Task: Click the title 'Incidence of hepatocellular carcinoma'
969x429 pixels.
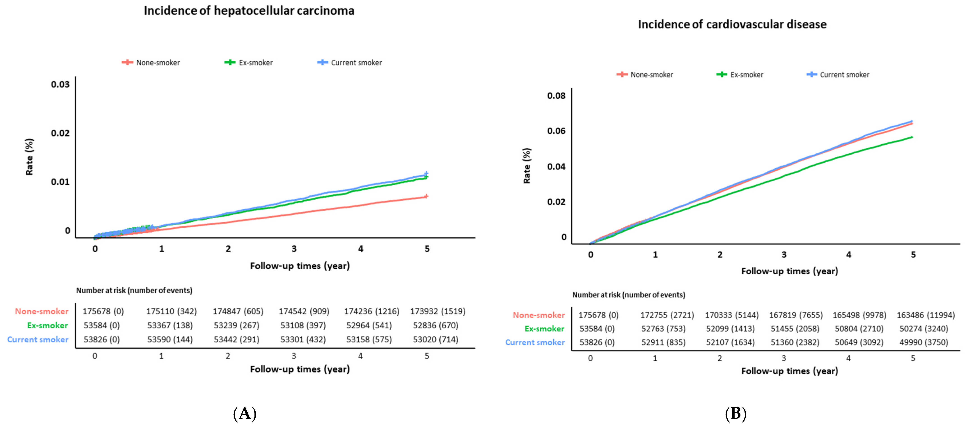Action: (249, 11)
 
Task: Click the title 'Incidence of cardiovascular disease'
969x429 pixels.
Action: (732, 24)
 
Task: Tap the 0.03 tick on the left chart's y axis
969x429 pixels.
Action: (60, 84)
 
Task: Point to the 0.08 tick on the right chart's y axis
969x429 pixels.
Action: (556, 96)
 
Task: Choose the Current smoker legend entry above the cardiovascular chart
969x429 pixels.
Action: (838, 74)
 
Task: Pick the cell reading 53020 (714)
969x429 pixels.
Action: (436, 339)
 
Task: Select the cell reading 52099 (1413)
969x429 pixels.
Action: (730, 329)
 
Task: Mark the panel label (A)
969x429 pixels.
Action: (245, 414)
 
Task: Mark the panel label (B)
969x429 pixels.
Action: (735, 414)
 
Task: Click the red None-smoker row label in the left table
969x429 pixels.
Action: (42, 311)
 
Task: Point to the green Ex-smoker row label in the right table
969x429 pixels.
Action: (544, 329)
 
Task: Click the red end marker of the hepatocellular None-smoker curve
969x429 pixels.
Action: (426, 196)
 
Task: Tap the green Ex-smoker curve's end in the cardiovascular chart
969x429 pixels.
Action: (912, 137)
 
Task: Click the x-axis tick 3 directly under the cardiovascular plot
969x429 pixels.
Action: (784, 255)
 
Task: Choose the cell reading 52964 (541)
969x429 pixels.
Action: (369, 325)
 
